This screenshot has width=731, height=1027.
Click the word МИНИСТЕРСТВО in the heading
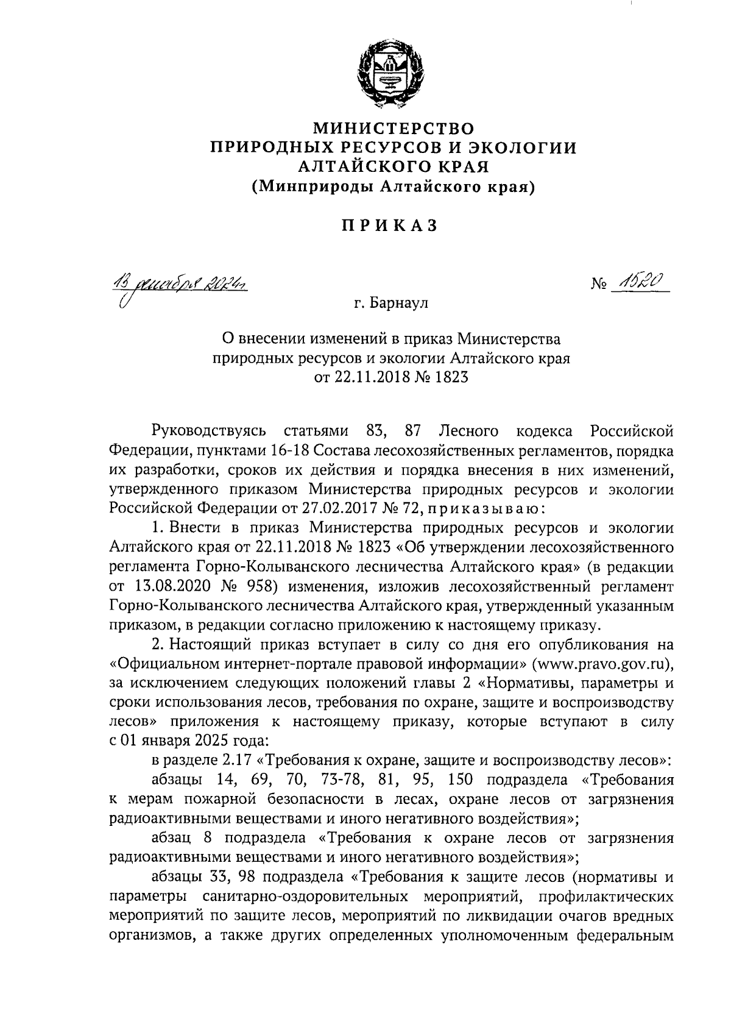(x=393, y=129)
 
